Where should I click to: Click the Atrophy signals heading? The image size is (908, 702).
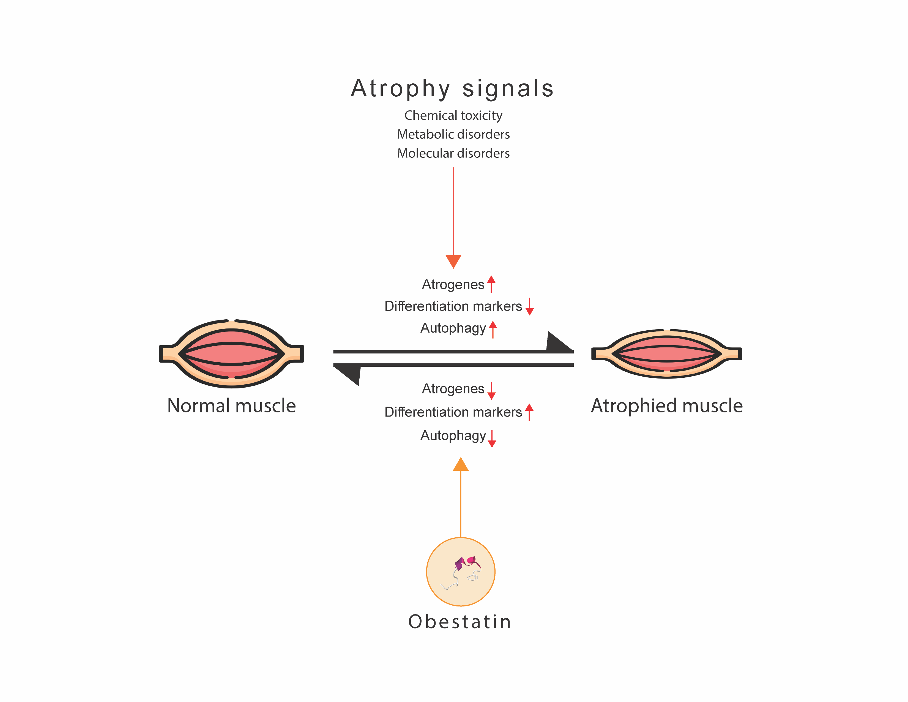(452, 89)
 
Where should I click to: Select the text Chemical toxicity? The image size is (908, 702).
(453, 115)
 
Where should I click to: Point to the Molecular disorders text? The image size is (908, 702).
(453, 153)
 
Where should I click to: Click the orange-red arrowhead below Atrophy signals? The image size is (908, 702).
(453, 261)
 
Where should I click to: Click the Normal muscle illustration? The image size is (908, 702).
(232, 353)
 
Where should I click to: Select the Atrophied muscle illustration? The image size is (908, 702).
(666, 353)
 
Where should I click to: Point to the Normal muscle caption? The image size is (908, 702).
(232, 406)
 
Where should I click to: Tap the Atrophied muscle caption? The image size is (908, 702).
(666, 406)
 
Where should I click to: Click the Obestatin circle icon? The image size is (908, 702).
(461, 572)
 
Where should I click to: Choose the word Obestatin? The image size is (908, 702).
(460, 622)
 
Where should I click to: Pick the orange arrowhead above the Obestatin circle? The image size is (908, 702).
(461, 464)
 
